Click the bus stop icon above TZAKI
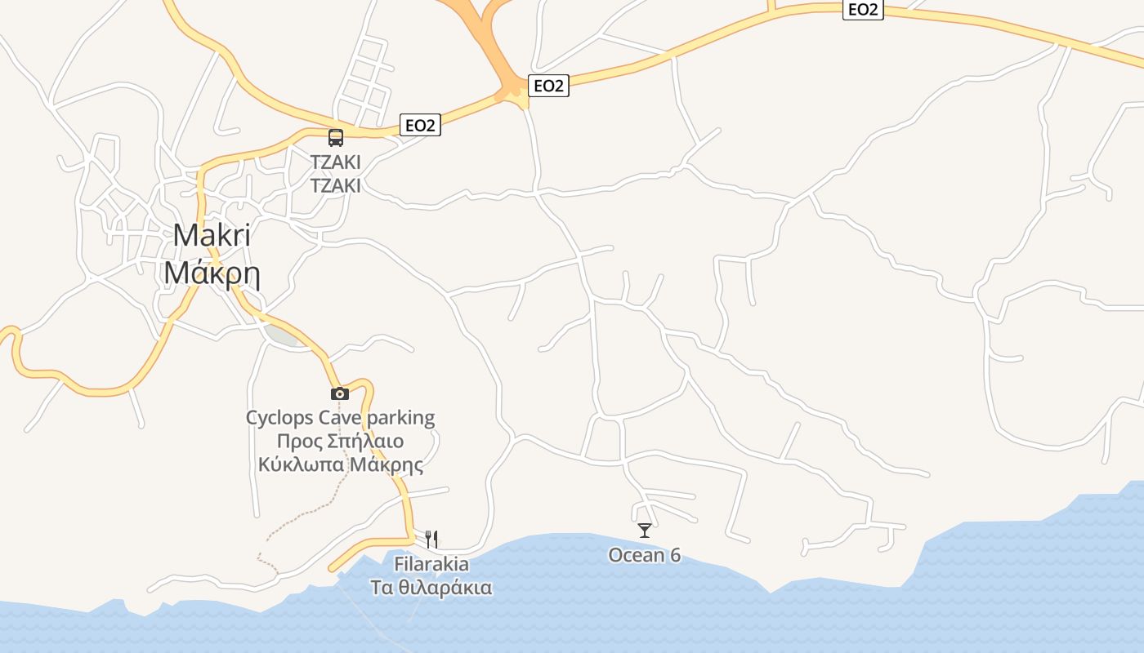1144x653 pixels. click(x=336, y=137)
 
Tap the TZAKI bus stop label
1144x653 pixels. click(x=335, y=162)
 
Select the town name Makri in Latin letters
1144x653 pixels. click(x=212, y=235)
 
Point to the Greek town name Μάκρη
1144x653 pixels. click(x=212, y=273)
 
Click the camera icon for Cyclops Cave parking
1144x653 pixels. click(x=340, y=393)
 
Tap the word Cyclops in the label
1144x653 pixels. click(x=279, y=418)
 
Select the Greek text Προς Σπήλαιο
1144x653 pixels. click(x=340, y=442)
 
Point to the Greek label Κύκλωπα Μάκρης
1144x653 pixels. click(x=340, y=465)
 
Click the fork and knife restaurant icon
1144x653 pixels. click(x=431, y=539)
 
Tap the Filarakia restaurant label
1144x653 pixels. click(x=431, y=564)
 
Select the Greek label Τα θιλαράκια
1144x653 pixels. click(x=431, y=588)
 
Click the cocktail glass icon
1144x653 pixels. click(x=645, y=531)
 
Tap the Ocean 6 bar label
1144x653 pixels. click(x=644, y=555)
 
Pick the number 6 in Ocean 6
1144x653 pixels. click(x=675, y=555)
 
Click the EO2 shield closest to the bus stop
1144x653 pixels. click(x=420, y=125)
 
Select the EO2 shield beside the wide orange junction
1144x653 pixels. click(x=548, y=86)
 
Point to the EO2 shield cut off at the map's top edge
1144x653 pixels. click(x=863, y=9)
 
